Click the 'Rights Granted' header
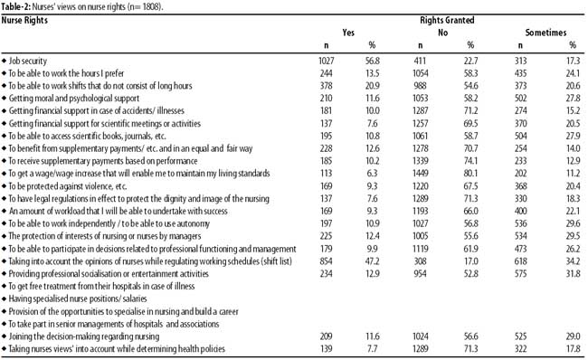pyautogui.click(x=447, y=20)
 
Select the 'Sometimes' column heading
pyautogui.click(x=545, y=33)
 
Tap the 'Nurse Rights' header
pyautogui.click(x=24, y=20)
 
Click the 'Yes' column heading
pyautogui.click(x=348, y=33)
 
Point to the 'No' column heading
pyautogui.click(x=443, y=33)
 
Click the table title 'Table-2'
pyautogui.click(x=15, y=7)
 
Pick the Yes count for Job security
pyautogui.click(x=327, y=61)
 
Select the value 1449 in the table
pyautogui.click(x=421, y=174)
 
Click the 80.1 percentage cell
pyautogui.click(x=470, y=174)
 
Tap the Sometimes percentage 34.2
pyautogui.click(x=573, y=261)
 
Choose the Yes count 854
pyautogui.click(x=327, y=261)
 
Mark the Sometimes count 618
pyautogui.click(x=520, y=261)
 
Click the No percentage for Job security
pyautogui.click(x=470, y=61)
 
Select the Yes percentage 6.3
pyautogui.click(x=373, y=174)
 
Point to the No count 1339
pyautogui.click(x=421, y=161)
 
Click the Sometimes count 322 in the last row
pyautogui.click(x=520, y=349)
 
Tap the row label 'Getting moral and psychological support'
pyautogui.click(x=74, y=99)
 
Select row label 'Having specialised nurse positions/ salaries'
pyautogui.click(x=78, y=298)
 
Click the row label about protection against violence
pyautogui.click(x=68, y=186)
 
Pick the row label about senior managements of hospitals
pyautogui.click(x=114, y=324)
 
